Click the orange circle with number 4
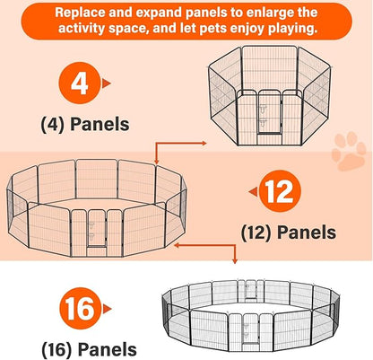tap(79, 83)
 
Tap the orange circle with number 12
tap(280, 191)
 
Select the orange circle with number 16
tap(80, 309)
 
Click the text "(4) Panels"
tap(85, 125)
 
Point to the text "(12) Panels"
tap(289, 233)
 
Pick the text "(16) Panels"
tap(89, 349)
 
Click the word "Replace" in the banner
tap(80, 13)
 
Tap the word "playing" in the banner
tap(291, 29)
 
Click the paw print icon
tap(349, 151)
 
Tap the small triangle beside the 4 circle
tap(106, 83)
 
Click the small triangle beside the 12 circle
tap(253, 192)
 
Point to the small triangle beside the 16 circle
tap(107, 309)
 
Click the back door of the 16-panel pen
tap(251, 289)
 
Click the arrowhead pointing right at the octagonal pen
tap(204, 143)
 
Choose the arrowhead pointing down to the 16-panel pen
tap(235, 261)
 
